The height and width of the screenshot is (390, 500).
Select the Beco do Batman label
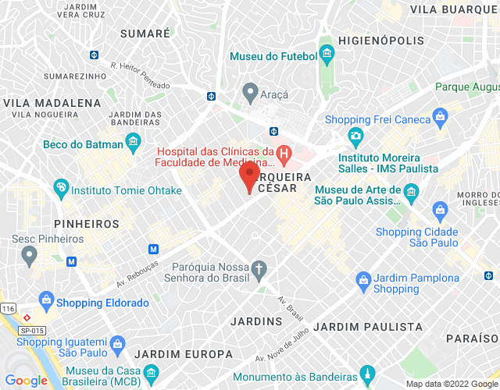click(x=84, y=144)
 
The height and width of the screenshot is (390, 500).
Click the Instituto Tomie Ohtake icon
click(x=60, y=189)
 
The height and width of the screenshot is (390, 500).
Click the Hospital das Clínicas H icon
click(x=284, y=156)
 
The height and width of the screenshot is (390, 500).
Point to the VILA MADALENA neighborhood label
click(x=52, y=102)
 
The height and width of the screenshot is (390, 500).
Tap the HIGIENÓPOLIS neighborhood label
click(x=382, y=40)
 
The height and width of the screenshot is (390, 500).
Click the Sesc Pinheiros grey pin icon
click(x=30, y=254)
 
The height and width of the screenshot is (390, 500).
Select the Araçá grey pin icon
click(x=250, y=94)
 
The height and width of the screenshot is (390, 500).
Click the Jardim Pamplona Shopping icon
click(x=363, y=278)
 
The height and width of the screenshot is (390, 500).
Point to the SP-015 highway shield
click(x=31, y=331)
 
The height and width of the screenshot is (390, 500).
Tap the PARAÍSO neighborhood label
click(x=472, y=339)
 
